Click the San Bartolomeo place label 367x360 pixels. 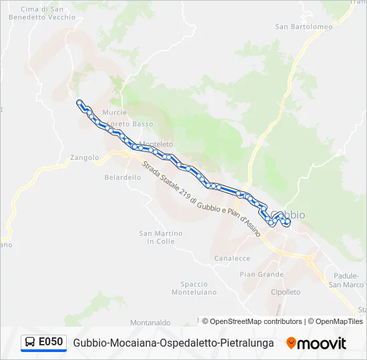[304, 27]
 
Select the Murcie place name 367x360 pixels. [114, 113]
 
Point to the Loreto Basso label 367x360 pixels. [130, 124]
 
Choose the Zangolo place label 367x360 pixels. [84, 158]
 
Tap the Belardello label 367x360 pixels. [123, 177]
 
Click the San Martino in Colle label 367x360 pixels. [160, 237]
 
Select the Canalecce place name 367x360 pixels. [232, 258]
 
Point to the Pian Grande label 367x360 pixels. [262, 274]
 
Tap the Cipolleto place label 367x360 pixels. [286, 292]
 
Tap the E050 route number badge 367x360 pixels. [44, 343]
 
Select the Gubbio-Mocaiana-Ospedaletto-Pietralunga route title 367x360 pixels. [173, 343]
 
